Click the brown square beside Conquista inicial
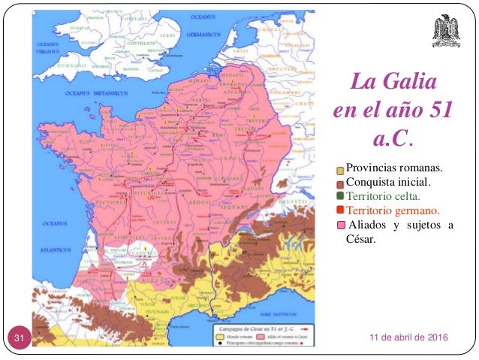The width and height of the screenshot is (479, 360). point(341,183)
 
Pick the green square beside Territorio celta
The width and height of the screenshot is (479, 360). point(341,197)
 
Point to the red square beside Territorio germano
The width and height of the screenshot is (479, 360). point(341,210)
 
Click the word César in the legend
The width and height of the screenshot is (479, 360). point(361,240)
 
